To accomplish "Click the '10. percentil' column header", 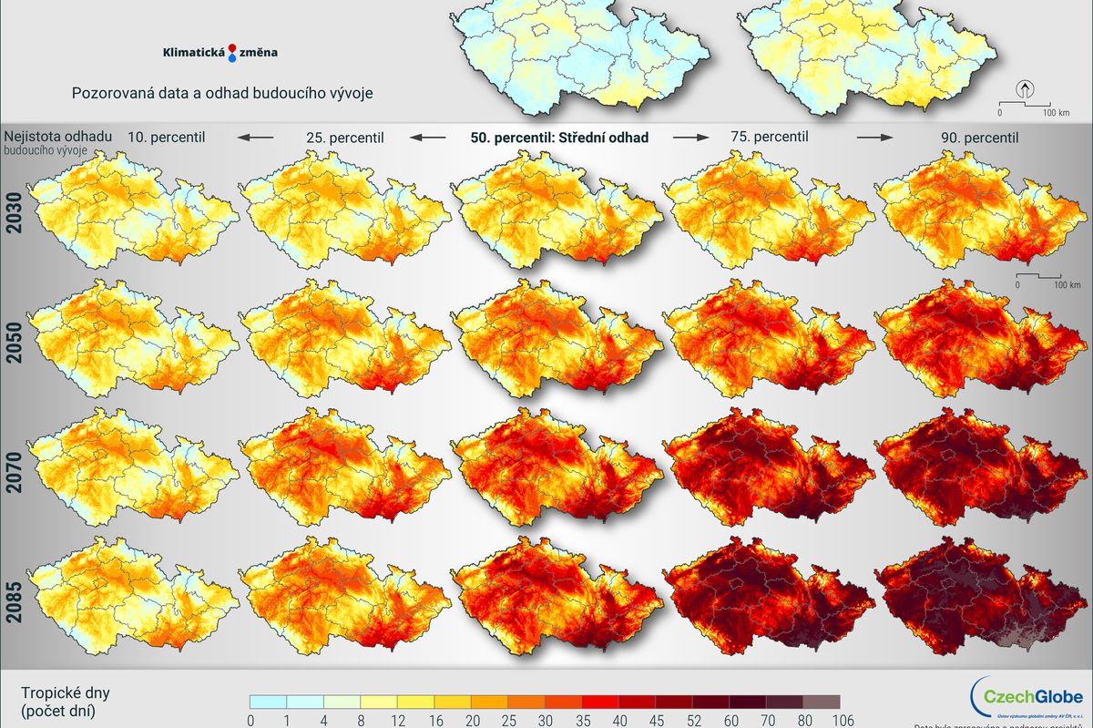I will click(x=166, y=137).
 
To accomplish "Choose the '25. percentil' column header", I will click(x=343, y=138).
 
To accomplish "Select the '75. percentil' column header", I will click(x=769, y=136).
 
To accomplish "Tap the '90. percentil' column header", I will click(x=980, y=138).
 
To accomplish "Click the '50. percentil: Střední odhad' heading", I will click(x=559, y=137).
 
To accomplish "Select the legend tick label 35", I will click(x=582, y=720).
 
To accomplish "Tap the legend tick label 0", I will click(x=250, y=720).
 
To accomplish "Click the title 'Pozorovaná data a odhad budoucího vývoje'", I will click(x=222, y=93).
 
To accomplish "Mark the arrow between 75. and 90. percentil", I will click(x=874, y=137).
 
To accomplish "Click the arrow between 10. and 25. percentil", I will click(x=256, y=137).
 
